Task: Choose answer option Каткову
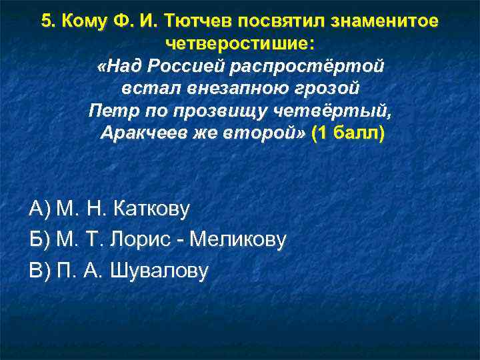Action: [151, 209]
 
